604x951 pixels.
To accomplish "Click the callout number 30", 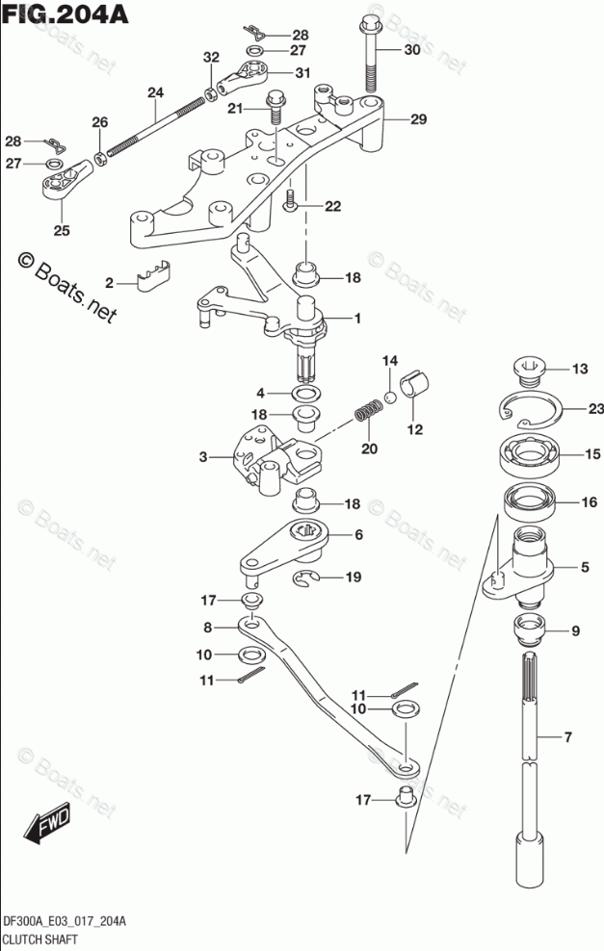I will point(411,50).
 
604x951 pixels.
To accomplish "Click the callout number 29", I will point(417,119).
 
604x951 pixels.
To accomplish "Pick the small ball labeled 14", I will point(390,396).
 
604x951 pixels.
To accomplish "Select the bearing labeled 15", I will point(529,455).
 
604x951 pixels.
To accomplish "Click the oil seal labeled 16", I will point(529,503).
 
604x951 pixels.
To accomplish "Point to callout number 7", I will point(567,738).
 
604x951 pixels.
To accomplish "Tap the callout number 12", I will point(414,429).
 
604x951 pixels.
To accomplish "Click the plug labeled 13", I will point(528,368).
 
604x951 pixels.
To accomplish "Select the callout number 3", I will point(203,457).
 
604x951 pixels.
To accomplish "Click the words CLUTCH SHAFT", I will point(39,937).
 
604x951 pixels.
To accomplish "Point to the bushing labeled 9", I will point(529,631).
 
